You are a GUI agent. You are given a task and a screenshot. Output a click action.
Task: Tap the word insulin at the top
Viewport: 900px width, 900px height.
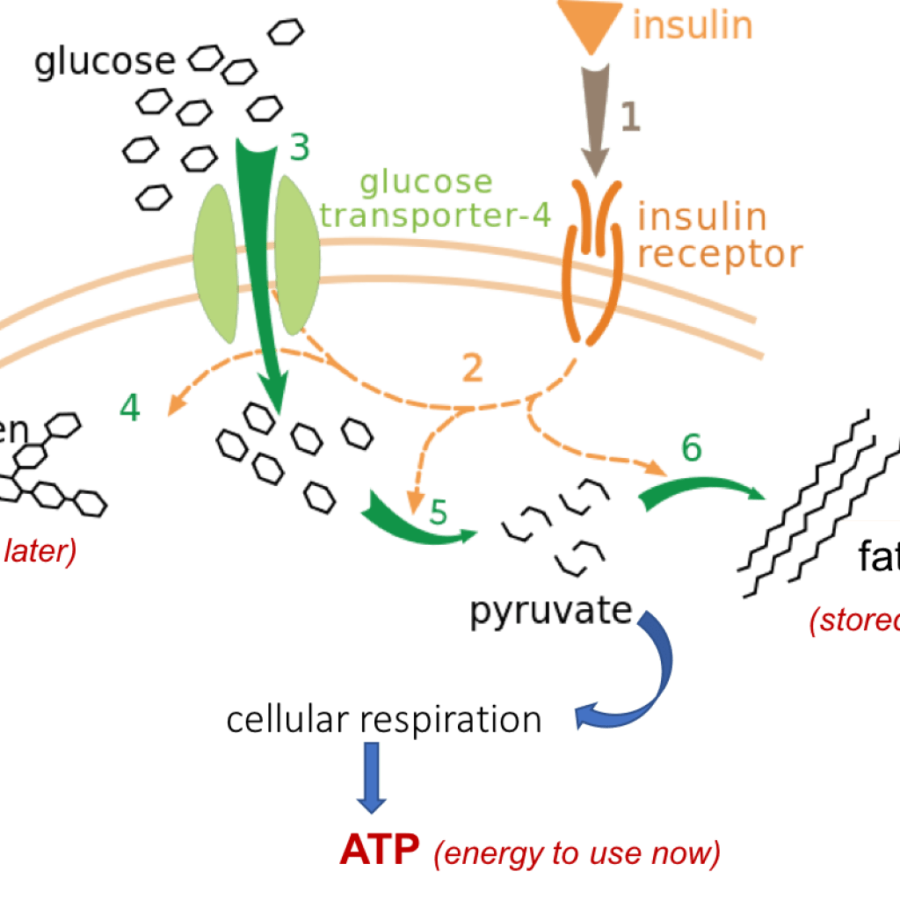pos(693,25)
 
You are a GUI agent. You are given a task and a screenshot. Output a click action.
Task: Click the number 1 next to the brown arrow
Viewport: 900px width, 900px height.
pos(631,118)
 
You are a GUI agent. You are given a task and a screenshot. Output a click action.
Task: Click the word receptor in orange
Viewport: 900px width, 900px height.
pos(720,255)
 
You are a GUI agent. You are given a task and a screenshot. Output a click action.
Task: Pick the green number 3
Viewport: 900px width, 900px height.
pos(300,149)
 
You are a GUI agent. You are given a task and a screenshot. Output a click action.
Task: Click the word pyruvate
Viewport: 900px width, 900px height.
pos(551,613)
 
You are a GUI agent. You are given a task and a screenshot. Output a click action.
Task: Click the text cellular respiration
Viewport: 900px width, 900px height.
pos(383,720)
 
